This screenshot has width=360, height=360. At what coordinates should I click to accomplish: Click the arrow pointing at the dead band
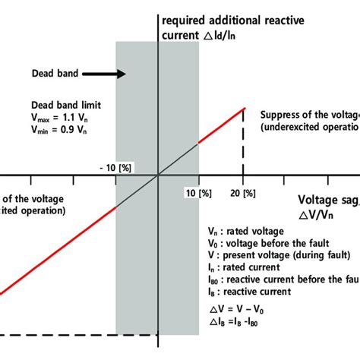tap(103, 74)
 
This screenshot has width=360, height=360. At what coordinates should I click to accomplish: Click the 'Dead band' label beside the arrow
tap(52, 74)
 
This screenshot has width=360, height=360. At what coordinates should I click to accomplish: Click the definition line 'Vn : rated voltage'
tap(246, 230)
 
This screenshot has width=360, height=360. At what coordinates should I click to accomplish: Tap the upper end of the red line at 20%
tap(244, 109)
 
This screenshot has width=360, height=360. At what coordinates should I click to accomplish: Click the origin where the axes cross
tap(158, 176)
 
